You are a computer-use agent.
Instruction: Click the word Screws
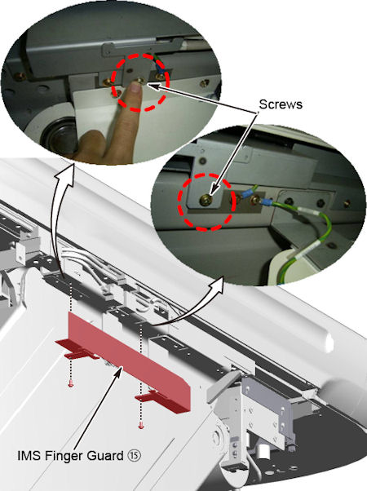click(281, 104)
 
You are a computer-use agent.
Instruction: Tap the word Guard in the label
click(105, 455)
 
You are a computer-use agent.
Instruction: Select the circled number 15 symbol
click(134, 455)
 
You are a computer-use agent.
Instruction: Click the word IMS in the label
click(29, 455)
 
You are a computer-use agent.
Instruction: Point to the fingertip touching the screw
click(135, 88)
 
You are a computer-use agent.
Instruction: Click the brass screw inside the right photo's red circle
click(205, 200)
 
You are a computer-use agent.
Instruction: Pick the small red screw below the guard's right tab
click(140, 426)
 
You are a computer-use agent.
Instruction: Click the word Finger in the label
click(64, 455)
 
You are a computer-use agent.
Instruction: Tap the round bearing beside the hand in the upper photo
click(60, 135)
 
